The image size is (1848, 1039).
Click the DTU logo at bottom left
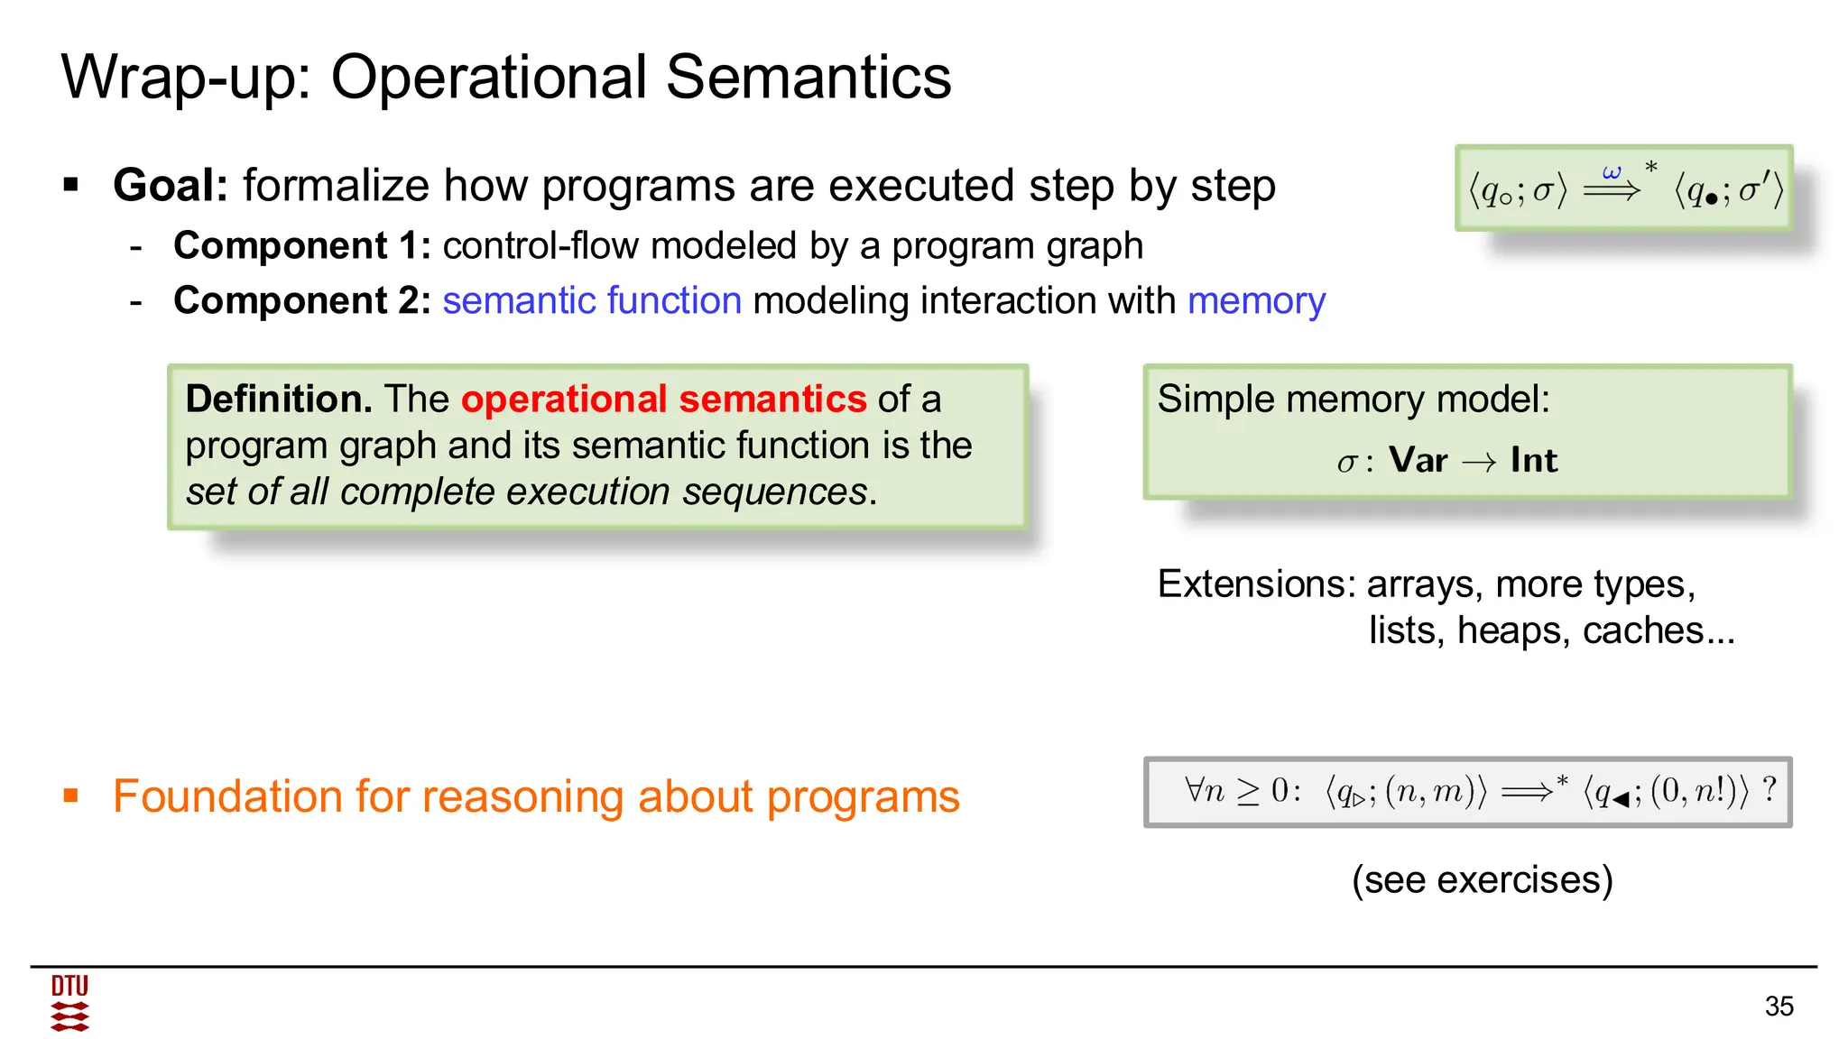[x=69, y=1003]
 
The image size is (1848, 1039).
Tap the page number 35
[x=1779, y=1007]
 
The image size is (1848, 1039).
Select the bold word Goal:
[x=171, y=186]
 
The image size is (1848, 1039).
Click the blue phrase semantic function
[x=592, y=300]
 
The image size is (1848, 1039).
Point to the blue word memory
[x=1256, y=300]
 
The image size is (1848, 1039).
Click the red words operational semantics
[x=663, y=399]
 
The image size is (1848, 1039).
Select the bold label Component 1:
[x=302, y=246]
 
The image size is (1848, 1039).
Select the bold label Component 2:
[x=302, y=300]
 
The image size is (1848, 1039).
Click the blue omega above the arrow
[x=1612, y=171]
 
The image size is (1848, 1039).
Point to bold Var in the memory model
[x=1418, y=461]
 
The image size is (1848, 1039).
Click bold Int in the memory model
[x=1534, y=461]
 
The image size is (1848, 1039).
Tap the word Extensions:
[x=1256, y=584]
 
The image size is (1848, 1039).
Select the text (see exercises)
[x=1482, y=879]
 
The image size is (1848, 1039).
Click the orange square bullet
[x=71, y=795]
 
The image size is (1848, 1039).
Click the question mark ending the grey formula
[x=1769, y=790]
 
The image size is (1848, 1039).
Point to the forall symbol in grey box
[x=1194, y=790]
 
